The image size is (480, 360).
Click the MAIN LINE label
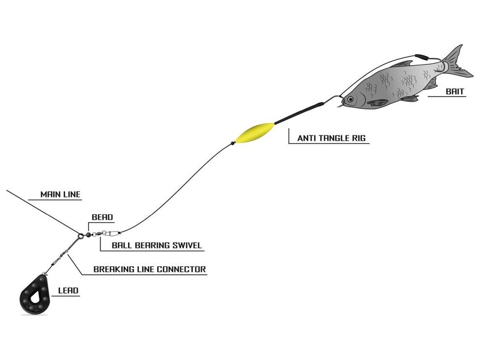(60, 195)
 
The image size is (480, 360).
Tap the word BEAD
(102, 217)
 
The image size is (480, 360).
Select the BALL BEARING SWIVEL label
(157, 245)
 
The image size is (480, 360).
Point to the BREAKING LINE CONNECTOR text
(150, 270)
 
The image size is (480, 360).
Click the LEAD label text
(68, 291)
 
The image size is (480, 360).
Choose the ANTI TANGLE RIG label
(331, 138)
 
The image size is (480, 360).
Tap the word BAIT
(455, 92)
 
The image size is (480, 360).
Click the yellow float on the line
(255, 132)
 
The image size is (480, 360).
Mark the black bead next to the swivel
(88, 233)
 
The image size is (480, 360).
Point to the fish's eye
(350, 99)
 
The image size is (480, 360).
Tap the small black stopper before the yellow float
(232, 143)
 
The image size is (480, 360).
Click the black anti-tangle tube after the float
(298, 112)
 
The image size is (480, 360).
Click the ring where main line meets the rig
(81, 236)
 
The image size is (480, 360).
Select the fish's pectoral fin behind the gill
(378, 102)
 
